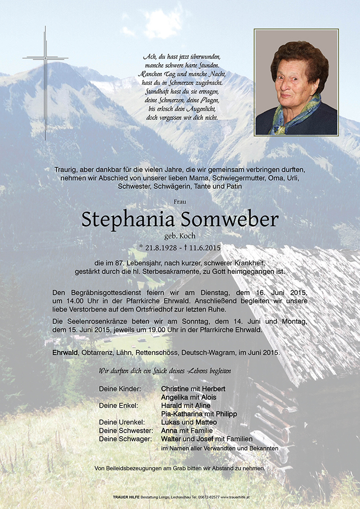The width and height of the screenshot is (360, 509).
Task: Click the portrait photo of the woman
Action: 296,82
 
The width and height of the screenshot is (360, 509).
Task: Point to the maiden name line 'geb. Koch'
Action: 180,236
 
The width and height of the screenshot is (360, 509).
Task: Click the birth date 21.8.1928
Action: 162,247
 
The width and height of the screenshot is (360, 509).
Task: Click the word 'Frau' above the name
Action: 180,202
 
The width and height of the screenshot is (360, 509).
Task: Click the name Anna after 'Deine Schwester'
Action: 169,431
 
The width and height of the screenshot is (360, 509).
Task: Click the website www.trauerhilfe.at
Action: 235,497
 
